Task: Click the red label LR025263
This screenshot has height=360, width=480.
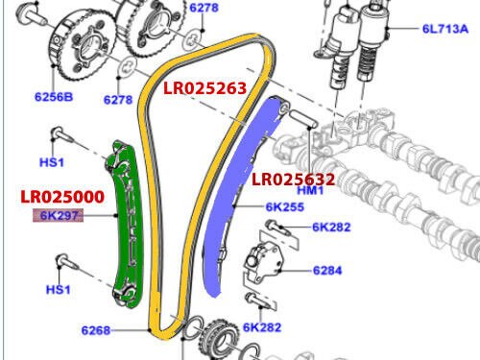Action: click(x=205, y=88)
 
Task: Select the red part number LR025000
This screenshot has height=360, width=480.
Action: click(x=62, y=197)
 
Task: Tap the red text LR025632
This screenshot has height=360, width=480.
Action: click(x=293, y=179)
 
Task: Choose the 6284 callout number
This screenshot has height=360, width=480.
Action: click(x=327, y=270)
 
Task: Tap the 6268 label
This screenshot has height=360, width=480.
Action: click(x=95, y=331)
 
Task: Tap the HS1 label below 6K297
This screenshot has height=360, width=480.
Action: click(x=59, y=289)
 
